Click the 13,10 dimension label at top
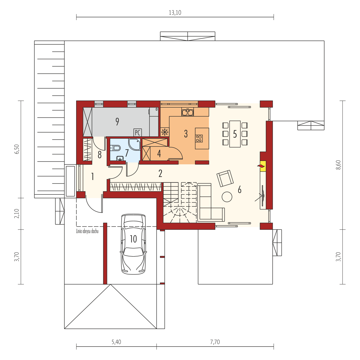click(x=175, y=13)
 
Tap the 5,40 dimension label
click(x=116, y=342)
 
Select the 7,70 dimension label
click(x=215, y=342)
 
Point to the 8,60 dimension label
click(x=338, y=165)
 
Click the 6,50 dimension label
click(x=17, y=149)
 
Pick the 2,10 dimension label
click(x=17, y=213)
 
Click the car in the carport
click(x=133, y=244)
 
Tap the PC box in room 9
click(x=138, y=133)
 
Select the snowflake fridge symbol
click(x=165, y=132)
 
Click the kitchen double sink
click(x=188, y=112)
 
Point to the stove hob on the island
click(x=199, y=138)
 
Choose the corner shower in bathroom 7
click(x=134, y=144)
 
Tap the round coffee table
click(x=227, y=197)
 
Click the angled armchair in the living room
click(x=225, y=178)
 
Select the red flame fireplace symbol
click(x=261, y=166)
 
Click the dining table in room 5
click(x=235, y=134)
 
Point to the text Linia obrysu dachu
click(x=87, y=231)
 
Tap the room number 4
click(x=159, y=154)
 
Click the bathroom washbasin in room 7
click(x=120, y=158)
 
